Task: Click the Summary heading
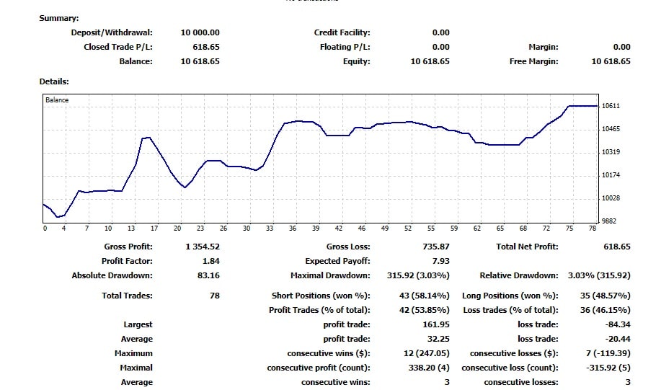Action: coord(59,18)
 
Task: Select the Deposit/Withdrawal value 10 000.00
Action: coord(200,32)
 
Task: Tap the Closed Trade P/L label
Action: coord(118,47)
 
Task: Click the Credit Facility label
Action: coord(342,32)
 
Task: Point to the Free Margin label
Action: coord(533,61)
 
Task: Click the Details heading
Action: coord(54,81)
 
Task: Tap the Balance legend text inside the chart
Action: coord(57,100)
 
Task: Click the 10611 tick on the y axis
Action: coord(611,106)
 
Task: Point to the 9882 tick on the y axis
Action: coord(611,221)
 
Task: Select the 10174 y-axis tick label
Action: coord(611,175)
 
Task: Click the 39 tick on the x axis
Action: coord(316,229)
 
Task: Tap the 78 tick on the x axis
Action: coord(593,229)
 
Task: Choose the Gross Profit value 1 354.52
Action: coord(203,247)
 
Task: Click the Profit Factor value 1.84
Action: coord(211,261)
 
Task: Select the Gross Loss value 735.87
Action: coord(435,247)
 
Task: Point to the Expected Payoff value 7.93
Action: coord(440,261)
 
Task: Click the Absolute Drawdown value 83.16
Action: coord(209,275)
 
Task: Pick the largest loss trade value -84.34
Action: coord(618,324)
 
